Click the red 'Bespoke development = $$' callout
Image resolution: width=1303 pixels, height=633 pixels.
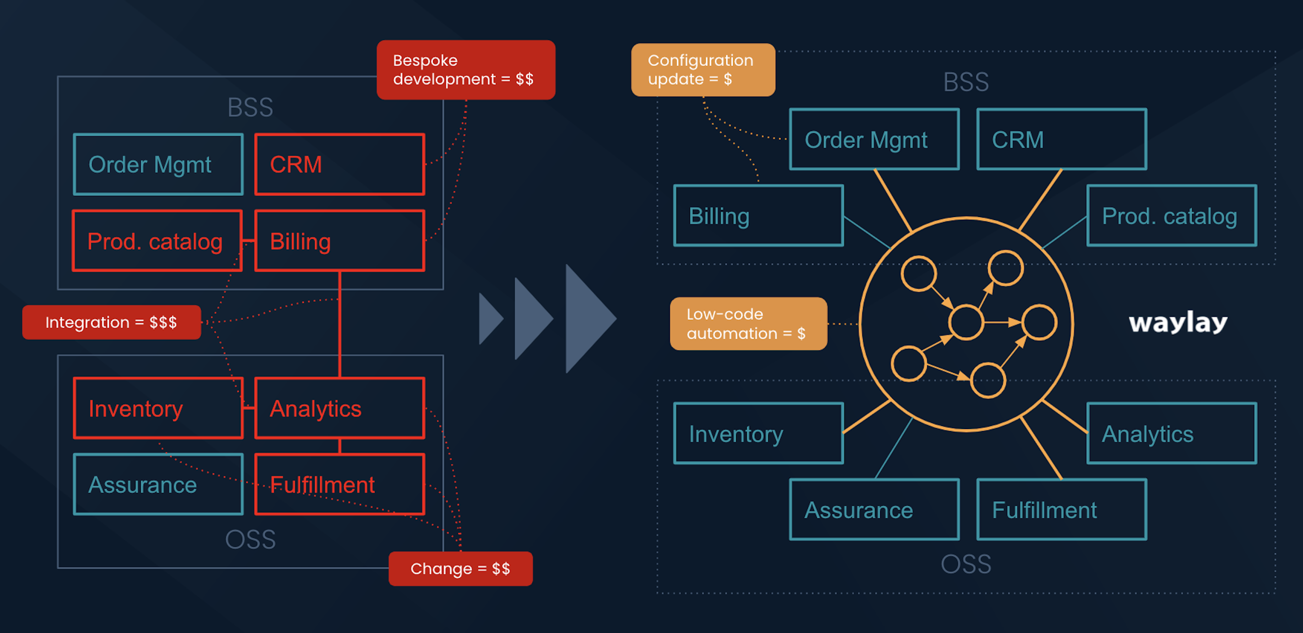pyautogui.click(x=466, y=70)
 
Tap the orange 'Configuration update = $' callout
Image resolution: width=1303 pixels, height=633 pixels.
pyautogui.click(x=703, y=70)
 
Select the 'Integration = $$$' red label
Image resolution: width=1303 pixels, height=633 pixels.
pyautogui.click(x=111, y=322)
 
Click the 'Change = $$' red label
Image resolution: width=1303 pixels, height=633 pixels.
pyautogui.click(x=460, y=569)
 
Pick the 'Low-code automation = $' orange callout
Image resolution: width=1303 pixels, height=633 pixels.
pyautogui.click(x=748, y=324)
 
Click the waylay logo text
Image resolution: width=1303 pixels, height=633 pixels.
pyautogui.click(x=1178, y=323)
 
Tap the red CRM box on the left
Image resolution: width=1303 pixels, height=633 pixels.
pyautogui.click(x=339, y=164)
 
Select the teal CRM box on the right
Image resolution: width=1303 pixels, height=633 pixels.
pyautogui.click(x=1061, y=139)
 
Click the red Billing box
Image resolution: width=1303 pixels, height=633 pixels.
pyautogui.click(x=339, y=241)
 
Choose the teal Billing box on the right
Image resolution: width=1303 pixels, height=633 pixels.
pyautogui.click(x=758, y=216)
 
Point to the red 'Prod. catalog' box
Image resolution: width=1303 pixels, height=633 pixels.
pyautogui.click(x=157, y=241)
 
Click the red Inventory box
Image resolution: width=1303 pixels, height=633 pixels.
pyautogui.click(x=158, y=408)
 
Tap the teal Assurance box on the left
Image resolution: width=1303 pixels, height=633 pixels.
pyautogui.click(x=158, y=484)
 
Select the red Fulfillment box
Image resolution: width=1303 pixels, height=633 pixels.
pyautogui.click(x=339, y=484)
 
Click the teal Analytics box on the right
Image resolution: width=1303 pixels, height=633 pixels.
pyautogui.click(x=1172, y=434)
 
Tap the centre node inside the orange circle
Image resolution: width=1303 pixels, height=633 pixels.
pyautogui.click(x=966, y=322)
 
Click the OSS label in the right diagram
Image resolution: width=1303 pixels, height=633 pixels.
pyautogui.click(x=966, y=564)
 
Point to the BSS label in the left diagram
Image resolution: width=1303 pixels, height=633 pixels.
pyautogui.click(x=250, y=107)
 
